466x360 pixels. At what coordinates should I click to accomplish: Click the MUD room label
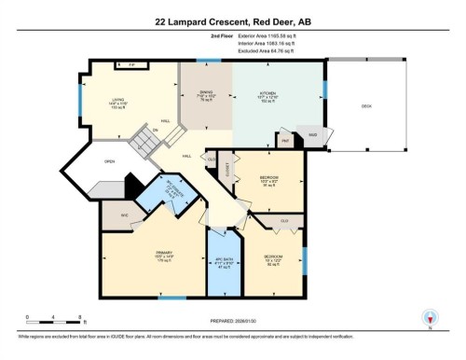point(313,134)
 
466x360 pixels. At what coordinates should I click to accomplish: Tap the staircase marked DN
point(146,143)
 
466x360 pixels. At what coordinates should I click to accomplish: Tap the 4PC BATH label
point(224,261)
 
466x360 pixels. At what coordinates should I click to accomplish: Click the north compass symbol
point(429,317)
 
